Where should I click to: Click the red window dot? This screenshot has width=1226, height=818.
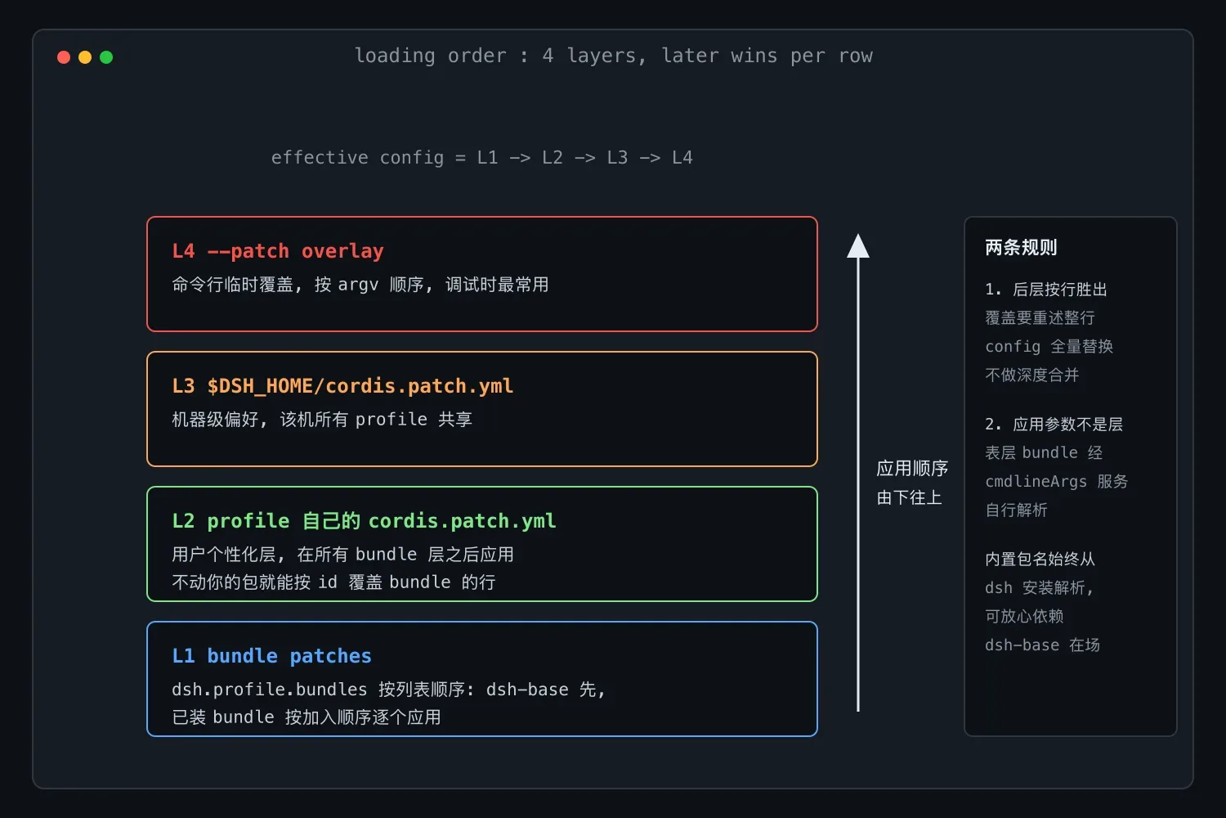(x=64, y=57)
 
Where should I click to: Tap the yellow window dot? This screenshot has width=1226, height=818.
(x=85, y=57)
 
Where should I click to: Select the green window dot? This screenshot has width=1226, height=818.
(x=106, y=57)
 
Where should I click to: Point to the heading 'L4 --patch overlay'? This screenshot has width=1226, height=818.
(x=278, y=251)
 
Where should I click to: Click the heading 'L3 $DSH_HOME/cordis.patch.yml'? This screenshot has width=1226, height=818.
(x=342, y=386)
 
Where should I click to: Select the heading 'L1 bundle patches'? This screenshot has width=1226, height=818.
(x=271, y=656)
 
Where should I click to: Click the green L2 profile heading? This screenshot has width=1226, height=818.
(x=364, y=521)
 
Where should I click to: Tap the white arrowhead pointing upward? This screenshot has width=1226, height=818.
(x=857, y=245)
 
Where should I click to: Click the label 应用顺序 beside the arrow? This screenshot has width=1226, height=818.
(x=912, y=469)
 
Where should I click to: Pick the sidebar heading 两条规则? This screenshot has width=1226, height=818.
(x=1021, y=247)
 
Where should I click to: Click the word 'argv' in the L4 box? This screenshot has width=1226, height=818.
(x=358, y=285)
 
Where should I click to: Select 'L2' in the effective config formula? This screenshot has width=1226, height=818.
(x=553, y=158)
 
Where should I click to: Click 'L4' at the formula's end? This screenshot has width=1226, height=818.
(x=682, y=158)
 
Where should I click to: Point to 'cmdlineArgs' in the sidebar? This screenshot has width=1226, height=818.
(x=1036, y=481)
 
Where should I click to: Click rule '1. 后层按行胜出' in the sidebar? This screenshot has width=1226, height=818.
(x=1046, y=290)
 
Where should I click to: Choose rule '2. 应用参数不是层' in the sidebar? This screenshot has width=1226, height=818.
(x=1054, y=424)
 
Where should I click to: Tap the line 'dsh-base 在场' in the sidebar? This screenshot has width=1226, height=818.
(x=1042, y=645)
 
